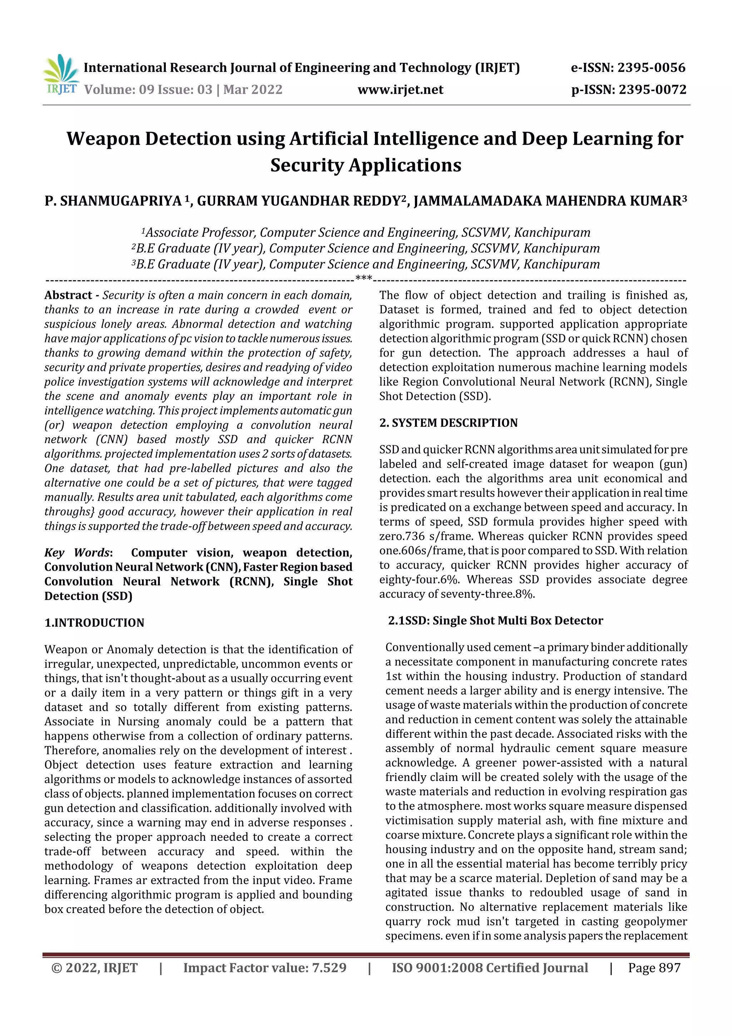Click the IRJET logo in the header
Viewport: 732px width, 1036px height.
point(61,75)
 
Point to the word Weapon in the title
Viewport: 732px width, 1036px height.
point(103,138)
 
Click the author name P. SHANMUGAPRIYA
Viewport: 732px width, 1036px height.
point(113,201)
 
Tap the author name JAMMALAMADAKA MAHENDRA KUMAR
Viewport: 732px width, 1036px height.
point(547,201)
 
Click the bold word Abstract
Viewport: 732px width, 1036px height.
point(68,295)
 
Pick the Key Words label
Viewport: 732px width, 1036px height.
point(77,553)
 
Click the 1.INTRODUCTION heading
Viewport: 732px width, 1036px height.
point(94,623)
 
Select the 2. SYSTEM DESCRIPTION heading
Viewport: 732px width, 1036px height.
point(448,423)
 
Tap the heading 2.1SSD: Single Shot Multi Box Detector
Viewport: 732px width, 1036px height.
point(495,620)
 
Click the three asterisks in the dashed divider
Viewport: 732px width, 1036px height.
point(363,278)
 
